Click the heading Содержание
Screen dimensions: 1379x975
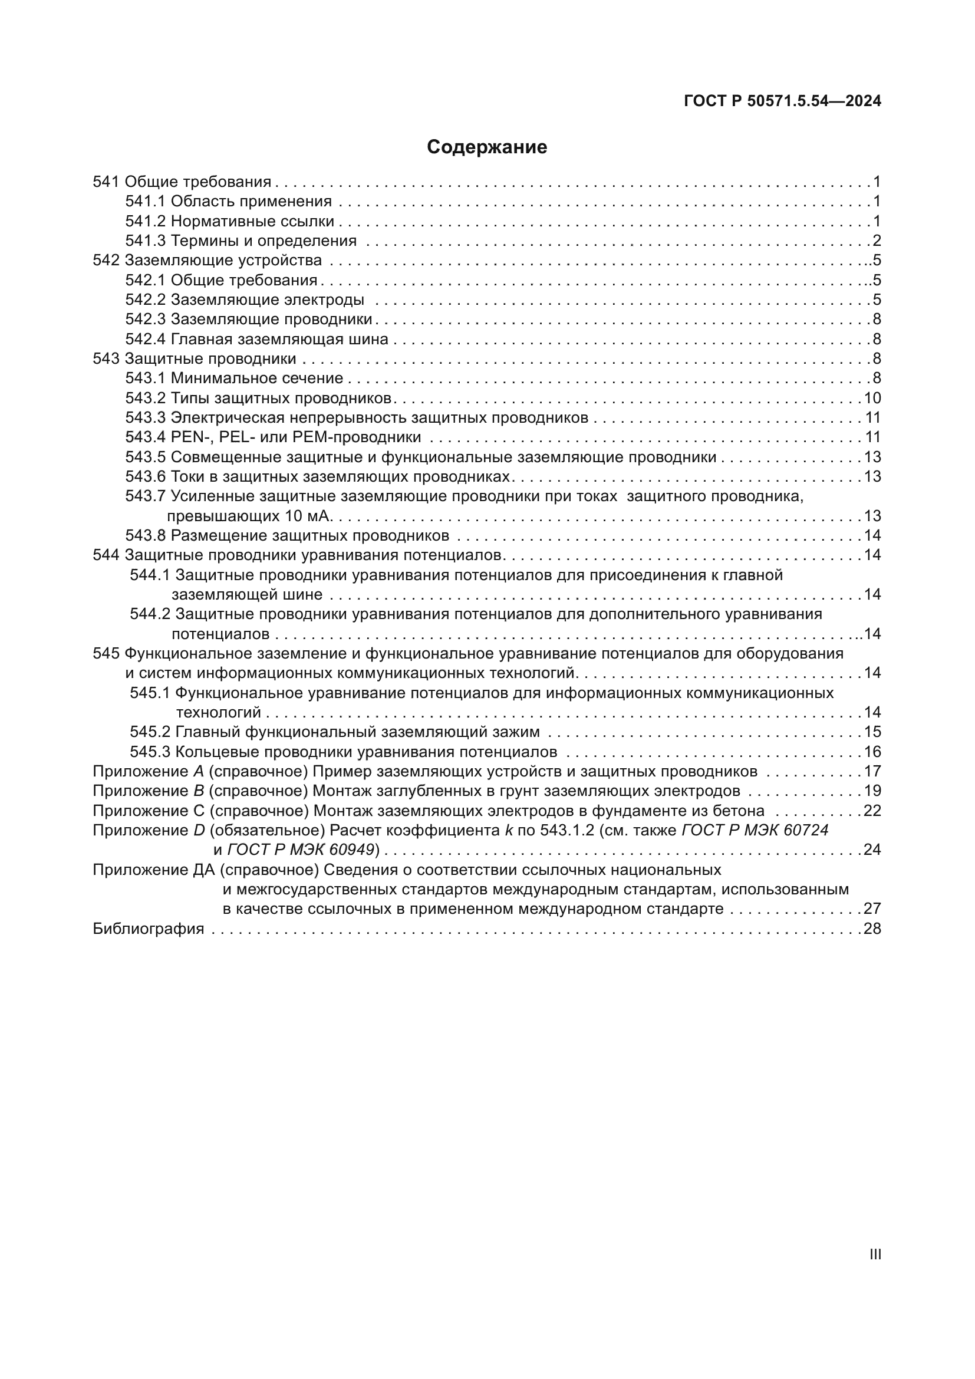487,147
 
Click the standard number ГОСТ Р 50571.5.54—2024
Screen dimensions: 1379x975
782,101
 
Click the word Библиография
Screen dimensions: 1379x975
149,929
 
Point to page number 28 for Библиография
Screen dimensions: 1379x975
872,929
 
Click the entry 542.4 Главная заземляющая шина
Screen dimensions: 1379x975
257,340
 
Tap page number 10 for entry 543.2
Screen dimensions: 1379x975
872,398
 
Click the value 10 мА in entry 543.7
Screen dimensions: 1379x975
305,516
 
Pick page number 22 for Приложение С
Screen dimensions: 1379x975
872,811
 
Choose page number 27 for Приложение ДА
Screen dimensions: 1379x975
872,909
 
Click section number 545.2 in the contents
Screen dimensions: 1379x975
150,732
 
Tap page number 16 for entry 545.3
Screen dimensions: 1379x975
872,751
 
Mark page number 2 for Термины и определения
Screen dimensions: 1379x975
877,241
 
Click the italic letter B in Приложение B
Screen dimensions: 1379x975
199,791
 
